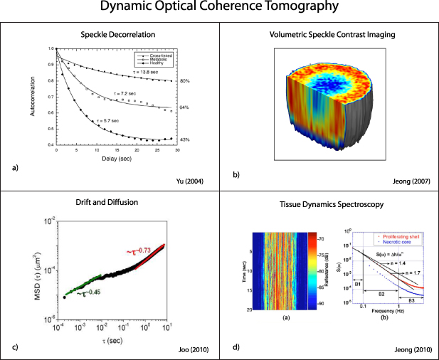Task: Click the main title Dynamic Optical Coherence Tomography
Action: [x=219, y=9]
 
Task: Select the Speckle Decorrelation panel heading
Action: [x=110, y=33]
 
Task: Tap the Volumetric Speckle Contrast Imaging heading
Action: [x=329, y=33]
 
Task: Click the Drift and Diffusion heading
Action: [x=110, y=202]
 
